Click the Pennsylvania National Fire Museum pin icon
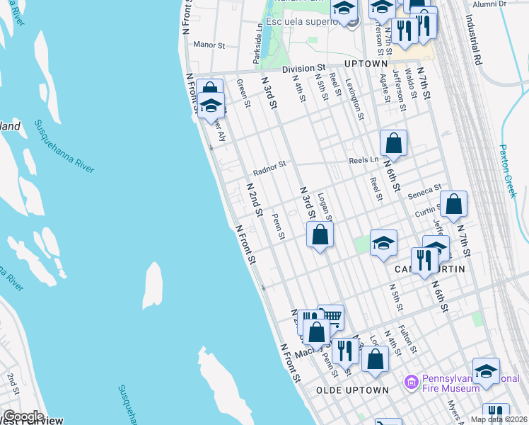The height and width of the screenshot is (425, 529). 410,383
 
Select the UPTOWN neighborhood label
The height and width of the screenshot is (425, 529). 366,64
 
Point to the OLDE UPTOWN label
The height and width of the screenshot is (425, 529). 352,390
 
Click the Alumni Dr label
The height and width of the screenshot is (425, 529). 491,4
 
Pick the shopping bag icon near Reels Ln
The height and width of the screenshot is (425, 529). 393,143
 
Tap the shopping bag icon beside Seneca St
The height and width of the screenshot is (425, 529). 453,203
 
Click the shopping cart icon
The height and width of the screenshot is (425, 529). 331,317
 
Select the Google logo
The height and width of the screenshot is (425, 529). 23,416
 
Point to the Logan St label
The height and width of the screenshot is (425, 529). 326,205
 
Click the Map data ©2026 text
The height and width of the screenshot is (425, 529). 499,419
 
